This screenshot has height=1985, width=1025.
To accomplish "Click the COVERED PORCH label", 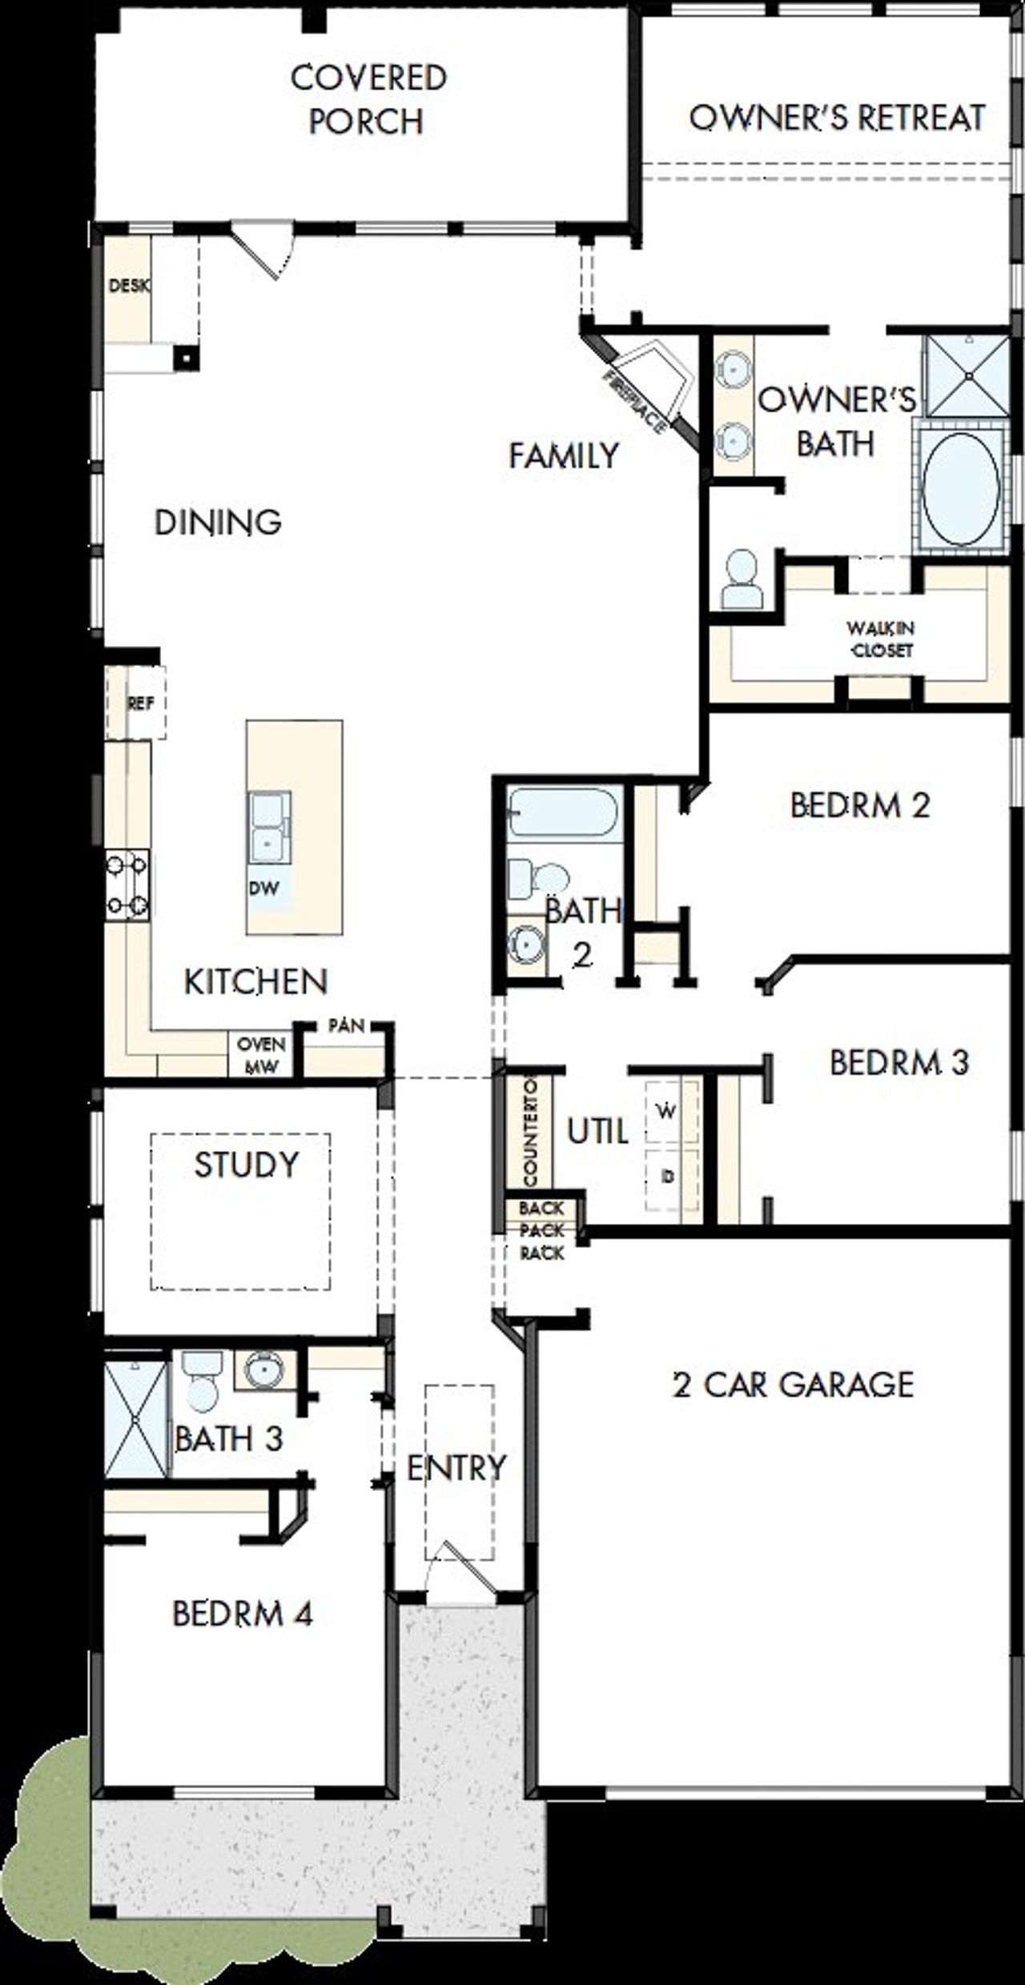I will point(368,100).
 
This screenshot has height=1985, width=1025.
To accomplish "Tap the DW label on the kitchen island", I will point(264,888).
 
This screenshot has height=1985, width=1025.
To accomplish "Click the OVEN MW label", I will point(261,1055).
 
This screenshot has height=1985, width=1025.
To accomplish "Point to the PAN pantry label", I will point(346,1025).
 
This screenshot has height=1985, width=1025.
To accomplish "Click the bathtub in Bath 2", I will point(564,812).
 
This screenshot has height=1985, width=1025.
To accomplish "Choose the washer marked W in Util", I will point(665,1111).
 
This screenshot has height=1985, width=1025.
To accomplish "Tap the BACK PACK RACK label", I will point(542,1230).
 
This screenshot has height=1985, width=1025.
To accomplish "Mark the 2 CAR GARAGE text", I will point(793,1384).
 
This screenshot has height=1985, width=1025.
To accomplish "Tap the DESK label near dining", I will point(128,286).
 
